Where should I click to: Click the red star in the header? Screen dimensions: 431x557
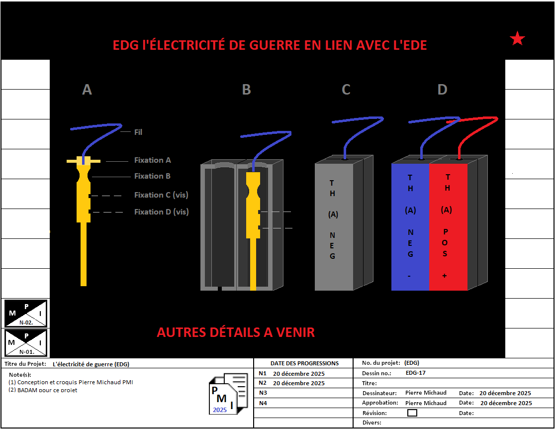click(x=517, y=38)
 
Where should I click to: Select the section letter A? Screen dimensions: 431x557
click(x=87, y=90)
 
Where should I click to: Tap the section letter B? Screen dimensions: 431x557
click(x=246, y=90)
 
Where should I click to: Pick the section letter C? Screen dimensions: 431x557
click(x=346, y=90)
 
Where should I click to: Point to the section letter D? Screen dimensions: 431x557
click(x=442, y=90)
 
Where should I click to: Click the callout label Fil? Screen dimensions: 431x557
click(x=138, y=132)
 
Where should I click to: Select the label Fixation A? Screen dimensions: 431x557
click(x=152, y=160)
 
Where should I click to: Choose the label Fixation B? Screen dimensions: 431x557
click(x=152, y=176)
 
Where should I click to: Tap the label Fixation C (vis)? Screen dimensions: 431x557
click(x=161, y=195)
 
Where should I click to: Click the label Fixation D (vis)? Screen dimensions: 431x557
click(x=161, y=212)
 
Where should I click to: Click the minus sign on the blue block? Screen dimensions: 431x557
click(x=409, y=276)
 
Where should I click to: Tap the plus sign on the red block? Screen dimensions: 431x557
click(x=444, y=276)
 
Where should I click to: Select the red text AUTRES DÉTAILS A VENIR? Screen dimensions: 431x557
click(x=236, y=332)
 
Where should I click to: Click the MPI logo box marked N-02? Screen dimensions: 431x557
click(x=26, y=313)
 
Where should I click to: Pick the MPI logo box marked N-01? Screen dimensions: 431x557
click(x=26, y=342)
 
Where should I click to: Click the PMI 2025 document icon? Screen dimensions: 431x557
click(x=228, y=394)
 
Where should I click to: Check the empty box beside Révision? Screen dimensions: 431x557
click(x=412, y=413)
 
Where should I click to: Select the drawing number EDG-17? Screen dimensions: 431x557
click(x=416, y=373)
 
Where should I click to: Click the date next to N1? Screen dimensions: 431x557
click(x=298, y=373)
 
